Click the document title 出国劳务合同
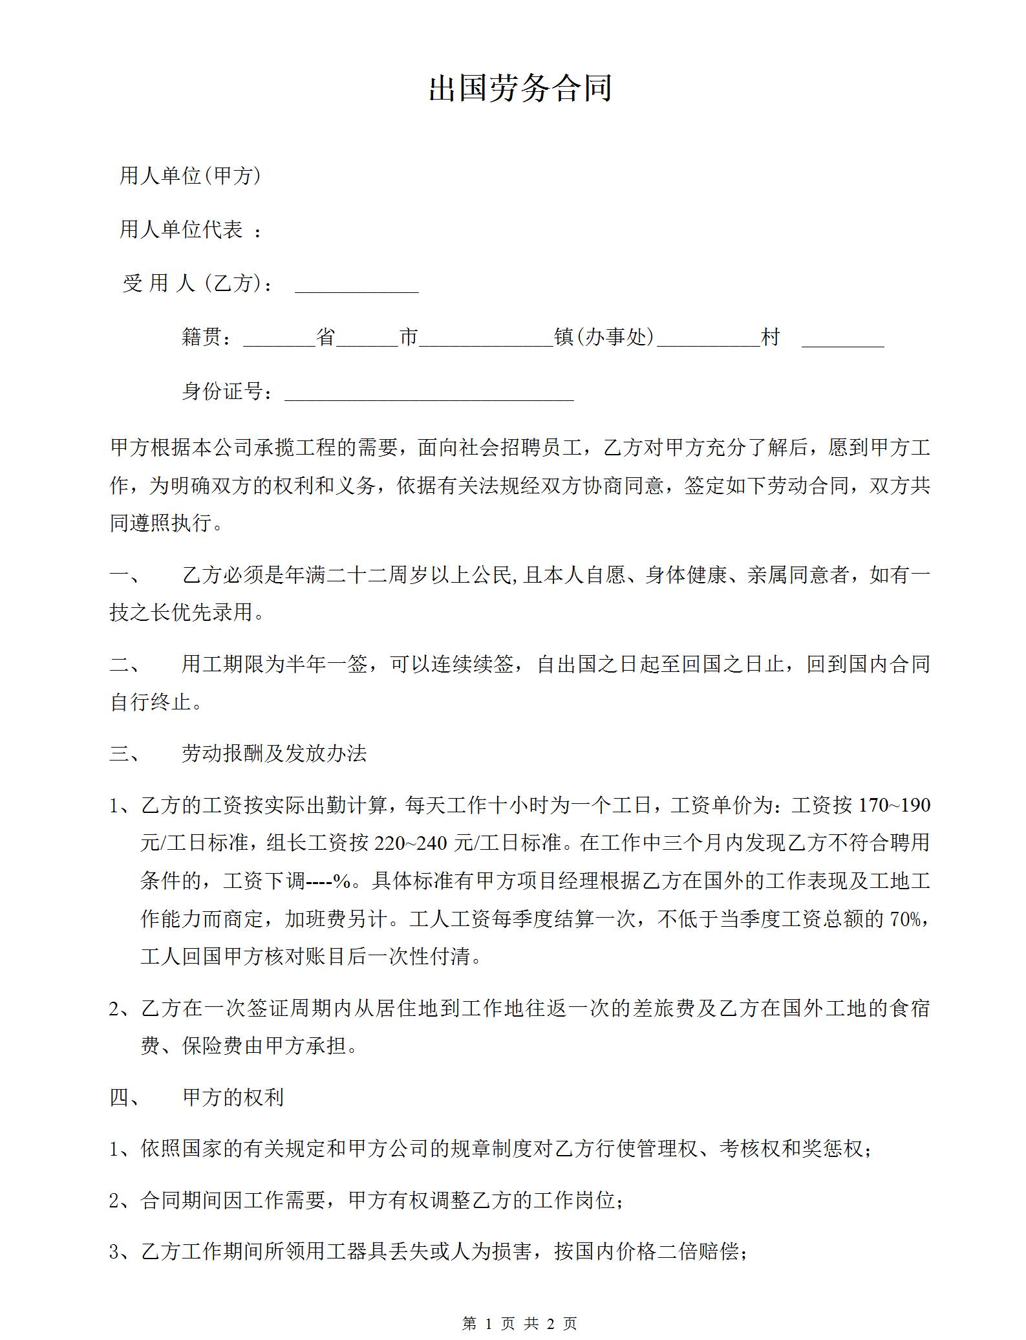pos(520,89)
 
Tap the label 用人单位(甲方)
pos(190,175)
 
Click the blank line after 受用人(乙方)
pos(356,285)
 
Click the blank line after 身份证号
pos(429,393)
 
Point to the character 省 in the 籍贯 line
pos(325,337)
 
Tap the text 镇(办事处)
pos(604,337)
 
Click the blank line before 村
pos(708,340)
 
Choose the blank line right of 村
pos(842,340)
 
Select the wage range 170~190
pos(894,805)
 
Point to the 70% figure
pos(905,919)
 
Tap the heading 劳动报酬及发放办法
pos(274,753)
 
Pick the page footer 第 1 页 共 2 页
pos(520,1324)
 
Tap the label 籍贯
pos(202,337)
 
